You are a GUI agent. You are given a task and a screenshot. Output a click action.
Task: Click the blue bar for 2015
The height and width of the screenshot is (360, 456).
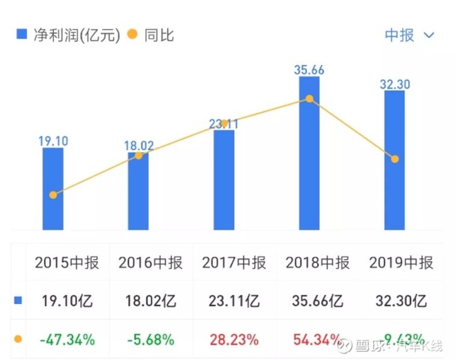pyautogui.click(x=53, y=189)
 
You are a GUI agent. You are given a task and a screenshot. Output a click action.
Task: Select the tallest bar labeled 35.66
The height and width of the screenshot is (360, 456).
pyautogui.click(x=310, y=153)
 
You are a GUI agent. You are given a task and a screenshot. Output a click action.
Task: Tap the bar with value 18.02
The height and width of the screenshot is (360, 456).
pyautogui.click(x=138, y=191)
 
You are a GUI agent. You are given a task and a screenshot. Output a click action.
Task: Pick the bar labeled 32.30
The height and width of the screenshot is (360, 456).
pyautogui.click(x=395, y=160)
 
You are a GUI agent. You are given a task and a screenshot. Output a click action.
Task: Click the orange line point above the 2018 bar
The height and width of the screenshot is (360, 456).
pyautogui.click(x=310, y=99)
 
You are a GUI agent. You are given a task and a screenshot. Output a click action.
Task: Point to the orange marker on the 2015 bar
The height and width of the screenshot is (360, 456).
pyautogui.click(x=53, y=195)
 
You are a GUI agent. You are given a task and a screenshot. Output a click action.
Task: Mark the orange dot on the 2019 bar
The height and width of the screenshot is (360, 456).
pyautogui.click(x=395, y=159)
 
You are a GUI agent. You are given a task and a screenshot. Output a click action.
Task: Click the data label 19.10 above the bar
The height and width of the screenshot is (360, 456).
pyautogui.click(x=53, y=141)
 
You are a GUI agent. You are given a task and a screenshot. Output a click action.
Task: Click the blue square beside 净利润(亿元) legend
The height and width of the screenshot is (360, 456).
pyautogui.click(x=21, y=35)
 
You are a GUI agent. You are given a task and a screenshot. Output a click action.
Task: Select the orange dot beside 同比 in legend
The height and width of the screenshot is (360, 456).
pyautogui.click(x=132, y=35)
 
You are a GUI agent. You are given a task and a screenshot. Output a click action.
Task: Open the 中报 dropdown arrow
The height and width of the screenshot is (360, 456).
pyautogui.click(x=430, y=35)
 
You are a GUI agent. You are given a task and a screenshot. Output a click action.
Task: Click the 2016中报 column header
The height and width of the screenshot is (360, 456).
pyautogui.click(x=150, y=263)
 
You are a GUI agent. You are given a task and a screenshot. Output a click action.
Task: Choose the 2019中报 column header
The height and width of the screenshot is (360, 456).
pyautogui.click(x=401, y=263)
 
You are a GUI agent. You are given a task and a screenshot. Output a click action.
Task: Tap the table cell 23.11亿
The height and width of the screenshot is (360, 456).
pyautogui.click(x=234, y=301)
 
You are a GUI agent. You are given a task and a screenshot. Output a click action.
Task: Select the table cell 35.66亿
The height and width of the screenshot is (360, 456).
pyautogui.click(x=318, y=301)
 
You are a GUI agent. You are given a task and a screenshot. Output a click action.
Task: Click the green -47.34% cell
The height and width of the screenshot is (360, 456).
pyautogui.click(x=67, y=339)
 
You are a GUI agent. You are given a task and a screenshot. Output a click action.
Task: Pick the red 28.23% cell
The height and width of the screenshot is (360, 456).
pyautogui.click(x=234, y=339)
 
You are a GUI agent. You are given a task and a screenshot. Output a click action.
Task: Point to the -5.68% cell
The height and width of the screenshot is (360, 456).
pyautogui.click(x=151, y=339)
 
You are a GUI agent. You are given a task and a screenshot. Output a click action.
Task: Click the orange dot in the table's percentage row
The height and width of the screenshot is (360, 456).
pyautogui.click(x=18, y=339)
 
